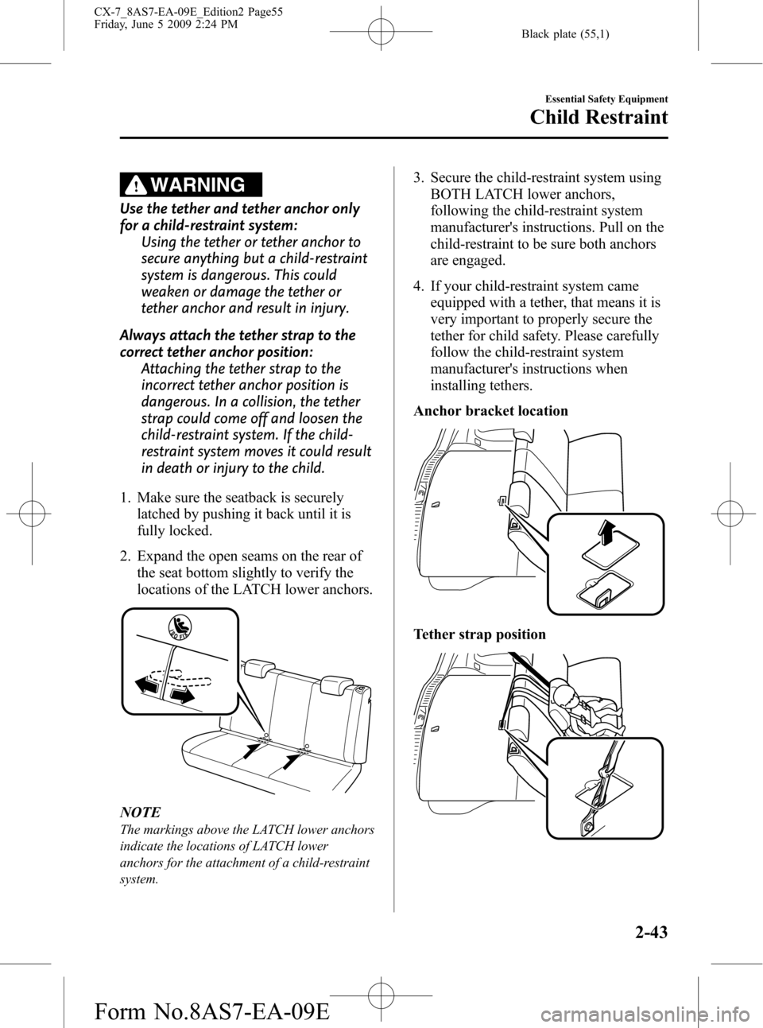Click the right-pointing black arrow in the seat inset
point(184,695)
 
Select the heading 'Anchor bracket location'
point(490,411)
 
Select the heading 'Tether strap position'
point(479,634)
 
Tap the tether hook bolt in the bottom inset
point(588,826)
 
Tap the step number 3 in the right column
point(417,178)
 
